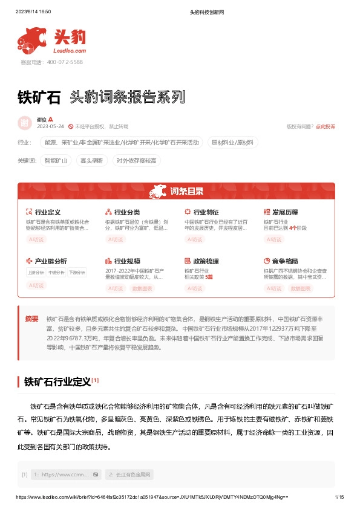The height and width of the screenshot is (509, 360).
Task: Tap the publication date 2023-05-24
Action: point(50,126)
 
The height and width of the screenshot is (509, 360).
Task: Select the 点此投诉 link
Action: point(326,126)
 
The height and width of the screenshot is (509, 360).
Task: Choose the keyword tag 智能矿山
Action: point(56,160)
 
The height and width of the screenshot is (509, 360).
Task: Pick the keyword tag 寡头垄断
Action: point(91,160)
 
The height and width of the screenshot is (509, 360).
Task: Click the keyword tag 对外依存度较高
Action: point(136,160)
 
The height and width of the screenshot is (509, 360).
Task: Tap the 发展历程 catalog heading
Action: point(284,212)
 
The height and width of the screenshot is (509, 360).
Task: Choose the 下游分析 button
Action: point(77,273)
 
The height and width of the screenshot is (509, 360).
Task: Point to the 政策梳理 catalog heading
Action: point(206,261)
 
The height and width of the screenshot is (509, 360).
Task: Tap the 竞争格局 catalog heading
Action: point(284,261)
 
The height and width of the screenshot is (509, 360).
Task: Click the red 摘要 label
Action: point(31,319)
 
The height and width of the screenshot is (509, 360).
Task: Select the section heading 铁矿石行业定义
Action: point(57,382)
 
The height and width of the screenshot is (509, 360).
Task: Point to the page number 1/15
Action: point(339,497)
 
